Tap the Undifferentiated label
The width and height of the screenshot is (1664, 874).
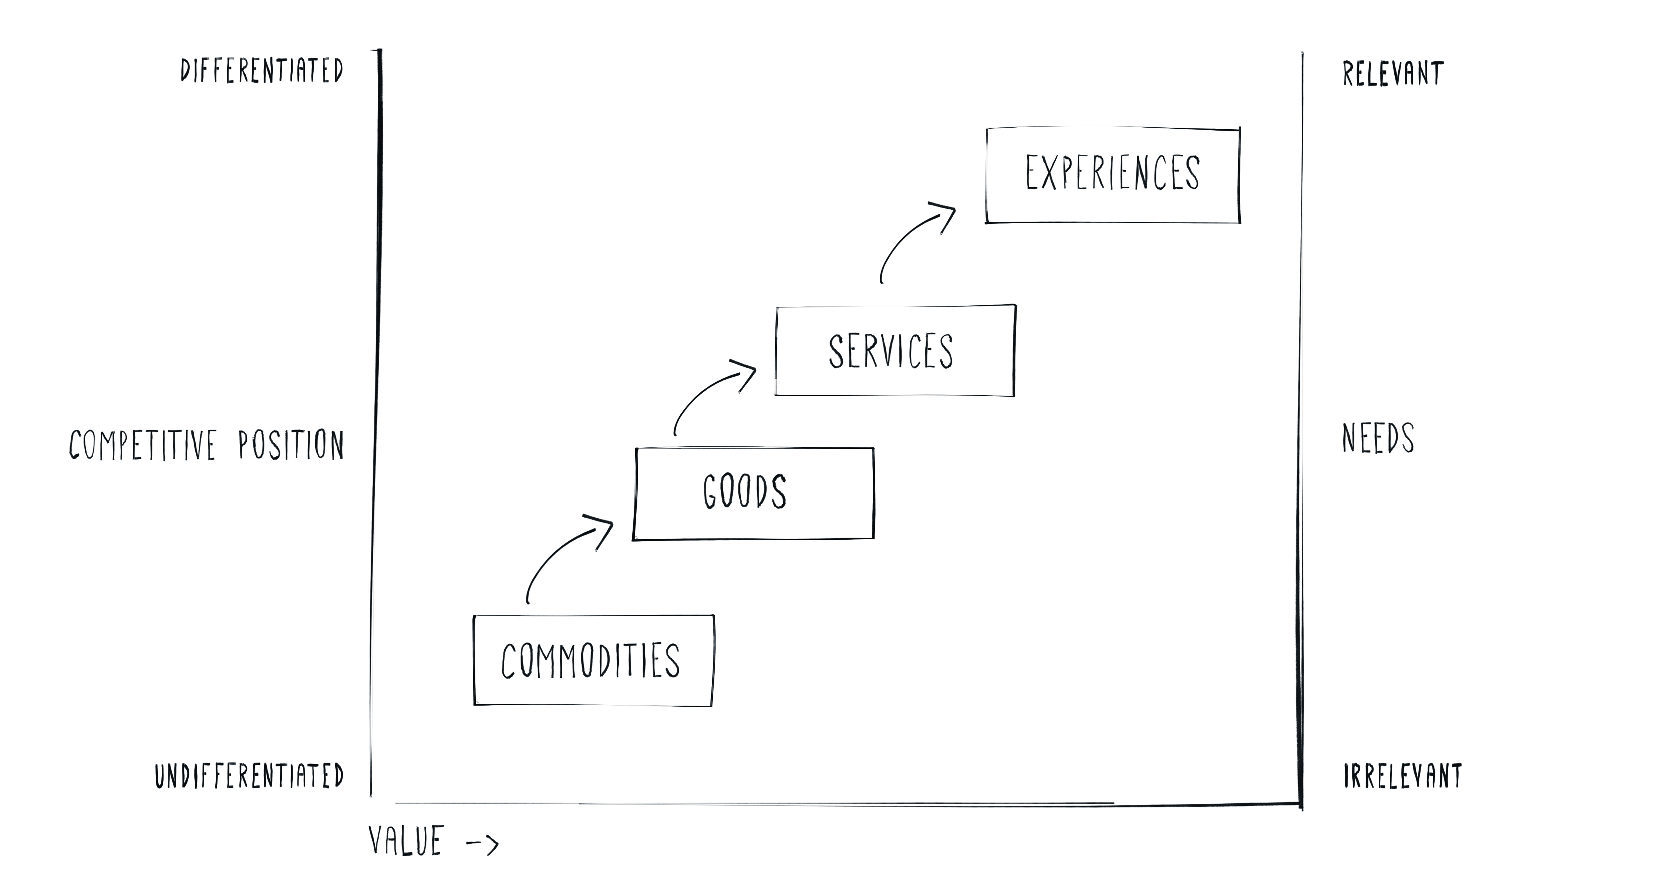(x=249, y=776)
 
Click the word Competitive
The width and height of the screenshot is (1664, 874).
(x=143, y=445)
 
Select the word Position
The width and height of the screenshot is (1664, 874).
(x=291, y=445)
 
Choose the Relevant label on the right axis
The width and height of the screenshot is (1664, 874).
(x=1393, y=74)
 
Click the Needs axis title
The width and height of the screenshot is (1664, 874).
(x=1378, y=438)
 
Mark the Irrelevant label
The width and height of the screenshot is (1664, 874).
(x=1402, y=776)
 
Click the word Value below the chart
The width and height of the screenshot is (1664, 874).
(x=406, y=840)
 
